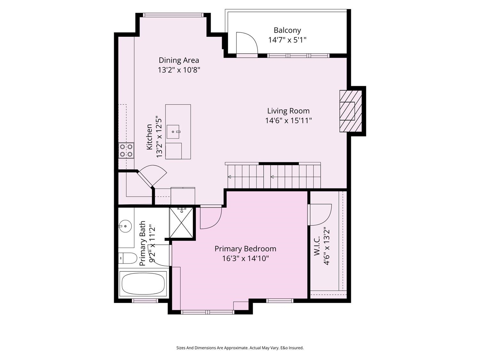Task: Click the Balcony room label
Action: [x=287, y=30]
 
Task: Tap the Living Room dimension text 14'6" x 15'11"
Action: [x=288, y=120]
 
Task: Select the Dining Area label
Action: [x=179, y=60]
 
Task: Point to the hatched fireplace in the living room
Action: [x=350, y=111]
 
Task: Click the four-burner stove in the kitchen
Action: [x=126, y=150]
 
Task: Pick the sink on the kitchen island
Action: [x=173, y=132]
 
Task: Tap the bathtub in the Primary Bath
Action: [x=143, y=284]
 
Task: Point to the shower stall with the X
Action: [x=181, y=222]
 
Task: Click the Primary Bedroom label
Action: [x=245, y=249]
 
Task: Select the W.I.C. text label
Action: [x=317, y=245]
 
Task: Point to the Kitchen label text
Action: [x=149, y=137]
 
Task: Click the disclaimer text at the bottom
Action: [x=240, y=348]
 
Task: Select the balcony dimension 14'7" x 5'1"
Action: [x=287, y=40]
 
